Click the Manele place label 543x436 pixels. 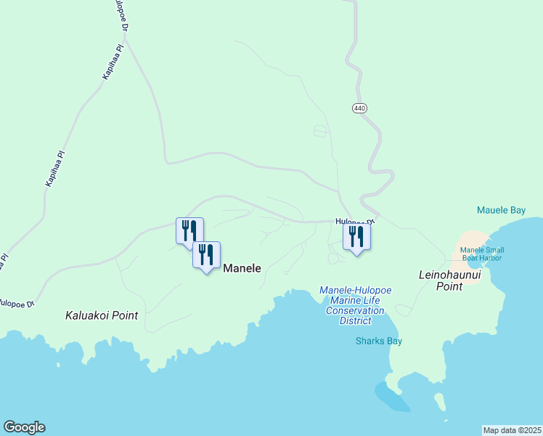[242, 268]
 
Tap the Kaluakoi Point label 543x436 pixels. [102, 315]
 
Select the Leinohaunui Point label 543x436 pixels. [451, 280]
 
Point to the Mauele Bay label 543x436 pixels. [501, 211]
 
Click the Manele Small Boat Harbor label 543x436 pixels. [482, 254]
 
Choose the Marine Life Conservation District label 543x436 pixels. [355, 305]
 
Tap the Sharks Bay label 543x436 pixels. [378, 341]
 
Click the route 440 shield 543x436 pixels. [359, 108]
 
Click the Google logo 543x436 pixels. [24, 427]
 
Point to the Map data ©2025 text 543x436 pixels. [511, 430]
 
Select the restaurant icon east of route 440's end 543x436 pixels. [356, 236]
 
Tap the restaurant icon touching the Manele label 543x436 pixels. [206, 255]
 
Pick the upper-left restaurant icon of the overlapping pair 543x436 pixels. [189, 230]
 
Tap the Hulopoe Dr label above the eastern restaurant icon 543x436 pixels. [355, 221]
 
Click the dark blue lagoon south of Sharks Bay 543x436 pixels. [391, 397]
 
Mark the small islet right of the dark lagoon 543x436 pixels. [439, 402]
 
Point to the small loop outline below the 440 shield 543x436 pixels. [320, 131]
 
